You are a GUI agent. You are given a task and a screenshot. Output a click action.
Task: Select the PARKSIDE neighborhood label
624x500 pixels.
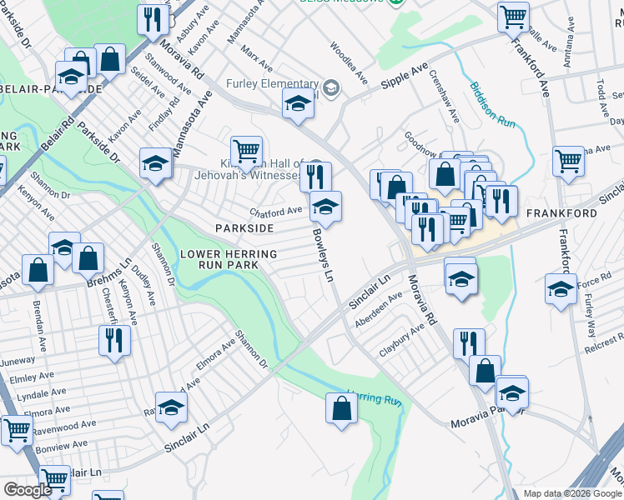tap(244, 227)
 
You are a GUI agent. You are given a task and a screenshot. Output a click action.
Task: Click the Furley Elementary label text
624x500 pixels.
tap(273, 84)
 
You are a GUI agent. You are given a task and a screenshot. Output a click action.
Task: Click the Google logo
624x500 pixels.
tap(28, 490)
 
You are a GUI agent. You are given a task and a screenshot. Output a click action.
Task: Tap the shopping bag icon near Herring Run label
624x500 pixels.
tap(340, 408)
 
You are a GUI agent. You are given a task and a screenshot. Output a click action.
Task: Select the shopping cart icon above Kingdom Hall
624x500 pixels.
tap(246, 151)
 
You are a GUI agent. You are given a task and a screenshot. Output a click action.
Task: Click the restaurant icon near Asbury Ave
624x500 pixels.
tap(152, 19)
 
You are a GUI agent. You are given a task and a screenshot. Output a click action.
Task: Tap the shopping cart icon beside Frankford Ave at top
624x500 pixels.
tap(513, 16)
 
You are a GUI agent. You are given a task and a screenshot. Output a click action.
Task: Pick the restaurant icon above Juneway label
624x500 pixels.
tap(113, 339)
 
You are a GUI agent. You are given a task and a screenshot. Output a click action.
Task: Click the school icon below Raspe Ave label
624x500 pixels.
tap(171, 406)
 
